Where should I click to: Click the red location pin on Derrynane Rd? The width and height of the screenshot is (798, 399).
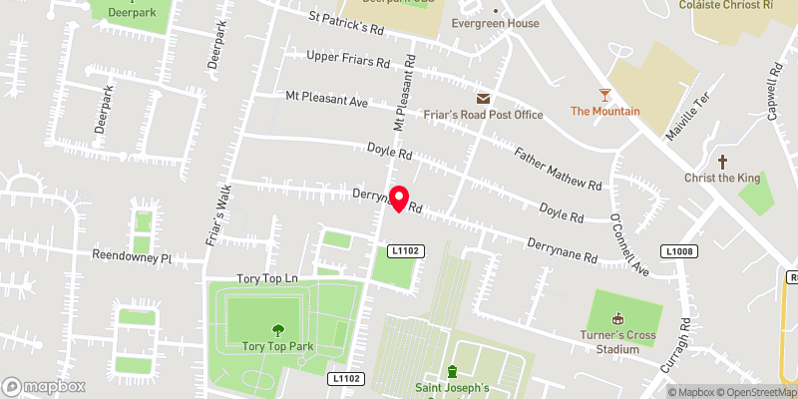tap(398, 199)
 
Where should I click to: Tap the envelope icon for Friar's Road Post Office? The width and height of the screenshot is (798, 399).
tap(484, 98)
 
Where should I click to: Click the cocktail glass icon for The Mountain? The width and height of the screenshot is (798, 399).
tap(604, 95)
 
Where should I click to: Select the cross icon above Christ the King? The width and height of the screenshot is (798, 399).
tap(723, 161)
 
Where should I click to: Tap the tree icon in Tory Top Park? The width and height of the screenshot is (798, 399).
tap(276, 330)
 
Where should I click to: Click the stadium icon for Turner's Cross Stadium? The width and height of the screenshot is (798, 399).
tap(617, 319)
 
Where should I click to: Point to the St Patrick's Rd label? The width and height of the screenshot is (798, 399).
tap(347, 22)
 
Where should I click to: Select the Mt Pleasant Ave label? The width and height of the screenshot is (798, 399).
tap(327, 100)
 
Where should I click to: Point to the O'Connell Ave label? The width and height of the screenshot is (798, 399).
tap(627, 243)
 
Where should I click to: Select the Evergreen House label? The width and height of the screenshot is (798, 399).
tap(495, 23)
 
